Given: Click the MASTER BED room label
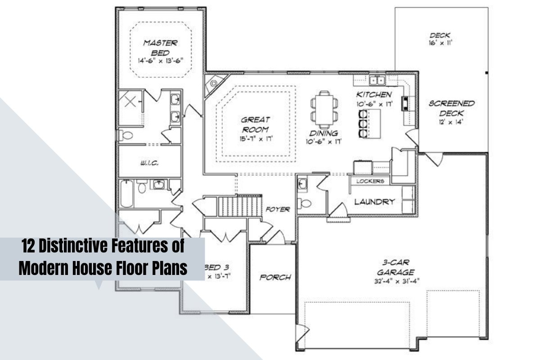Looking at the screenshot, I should [x=160, y=48].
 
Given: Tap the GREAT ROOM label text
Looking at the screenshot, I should [x=256, y=124].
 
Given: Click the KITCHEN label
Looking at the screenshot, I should [x=374, y=94].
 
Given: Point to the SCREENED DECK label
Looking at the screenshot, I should [x=451, y=108].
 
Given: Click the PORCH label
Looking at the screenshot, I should [x=275, y=277].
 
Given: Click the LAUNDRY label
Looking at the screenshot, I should [x=374, y=202].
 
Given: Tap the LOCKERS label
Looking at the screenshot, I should [x=370, y=181].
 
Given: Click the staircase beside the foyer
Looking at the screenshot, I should [x=240, y=206].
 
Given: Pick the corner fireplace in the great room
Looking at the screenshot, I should [x=213, y=84].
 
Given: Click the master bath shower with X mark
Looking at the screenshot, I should [x=130, y=102].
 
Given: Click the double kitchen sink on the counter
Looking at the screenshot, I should [x=377, y=81].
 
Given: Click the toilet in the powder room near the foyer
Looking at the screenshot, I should [x=306, y=202].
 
